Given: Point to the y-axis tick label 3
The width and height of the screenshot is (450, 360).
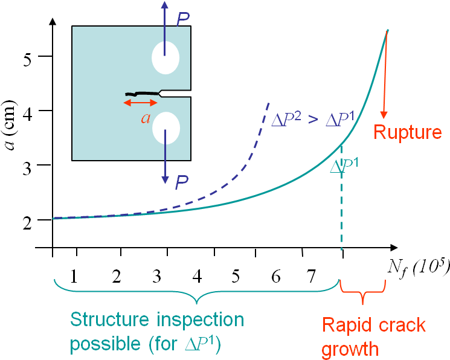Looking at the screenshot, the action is click(27, 169).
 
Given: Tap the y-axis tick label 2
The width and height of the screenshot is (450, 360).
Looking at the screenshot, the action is click(27, 222).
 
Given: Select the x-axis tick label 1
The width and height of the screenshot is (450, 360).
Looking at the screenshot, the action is click(74, 276).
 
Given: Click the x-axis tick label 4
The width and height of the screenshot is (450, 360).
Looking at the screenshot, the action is click(197, 276).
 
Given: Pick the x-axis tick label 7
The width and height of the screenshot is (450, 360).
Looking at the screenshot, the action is click(311, 276).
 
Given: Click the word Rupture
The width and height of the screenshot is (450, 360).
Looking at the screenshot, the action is click(408, 132).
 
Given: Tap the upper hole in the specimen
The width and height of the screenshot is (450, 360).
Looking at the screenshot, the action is click(166, 58).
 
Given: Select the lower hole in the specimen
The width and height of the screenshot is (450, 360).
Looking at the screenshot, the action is click(166, 128).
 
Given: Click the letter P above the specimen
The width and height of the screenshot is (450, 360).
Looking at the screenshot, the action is click(182, 19).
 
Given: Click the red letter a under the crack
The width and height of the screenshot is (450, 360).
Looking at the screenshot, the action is click(146, 118).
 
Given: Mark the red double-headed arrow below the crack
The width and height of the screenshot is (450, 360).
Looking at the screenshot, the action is click(140, 103).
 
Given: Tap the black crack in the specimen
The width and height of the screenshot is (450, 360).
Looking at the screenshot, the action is click(142, 93).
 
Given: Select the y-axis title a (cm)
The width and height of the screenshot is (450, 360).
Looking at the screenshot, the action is click(11, 125).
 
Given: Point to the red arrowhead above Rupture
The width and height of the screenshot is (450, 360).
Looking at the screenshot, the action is click(384, 115).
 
